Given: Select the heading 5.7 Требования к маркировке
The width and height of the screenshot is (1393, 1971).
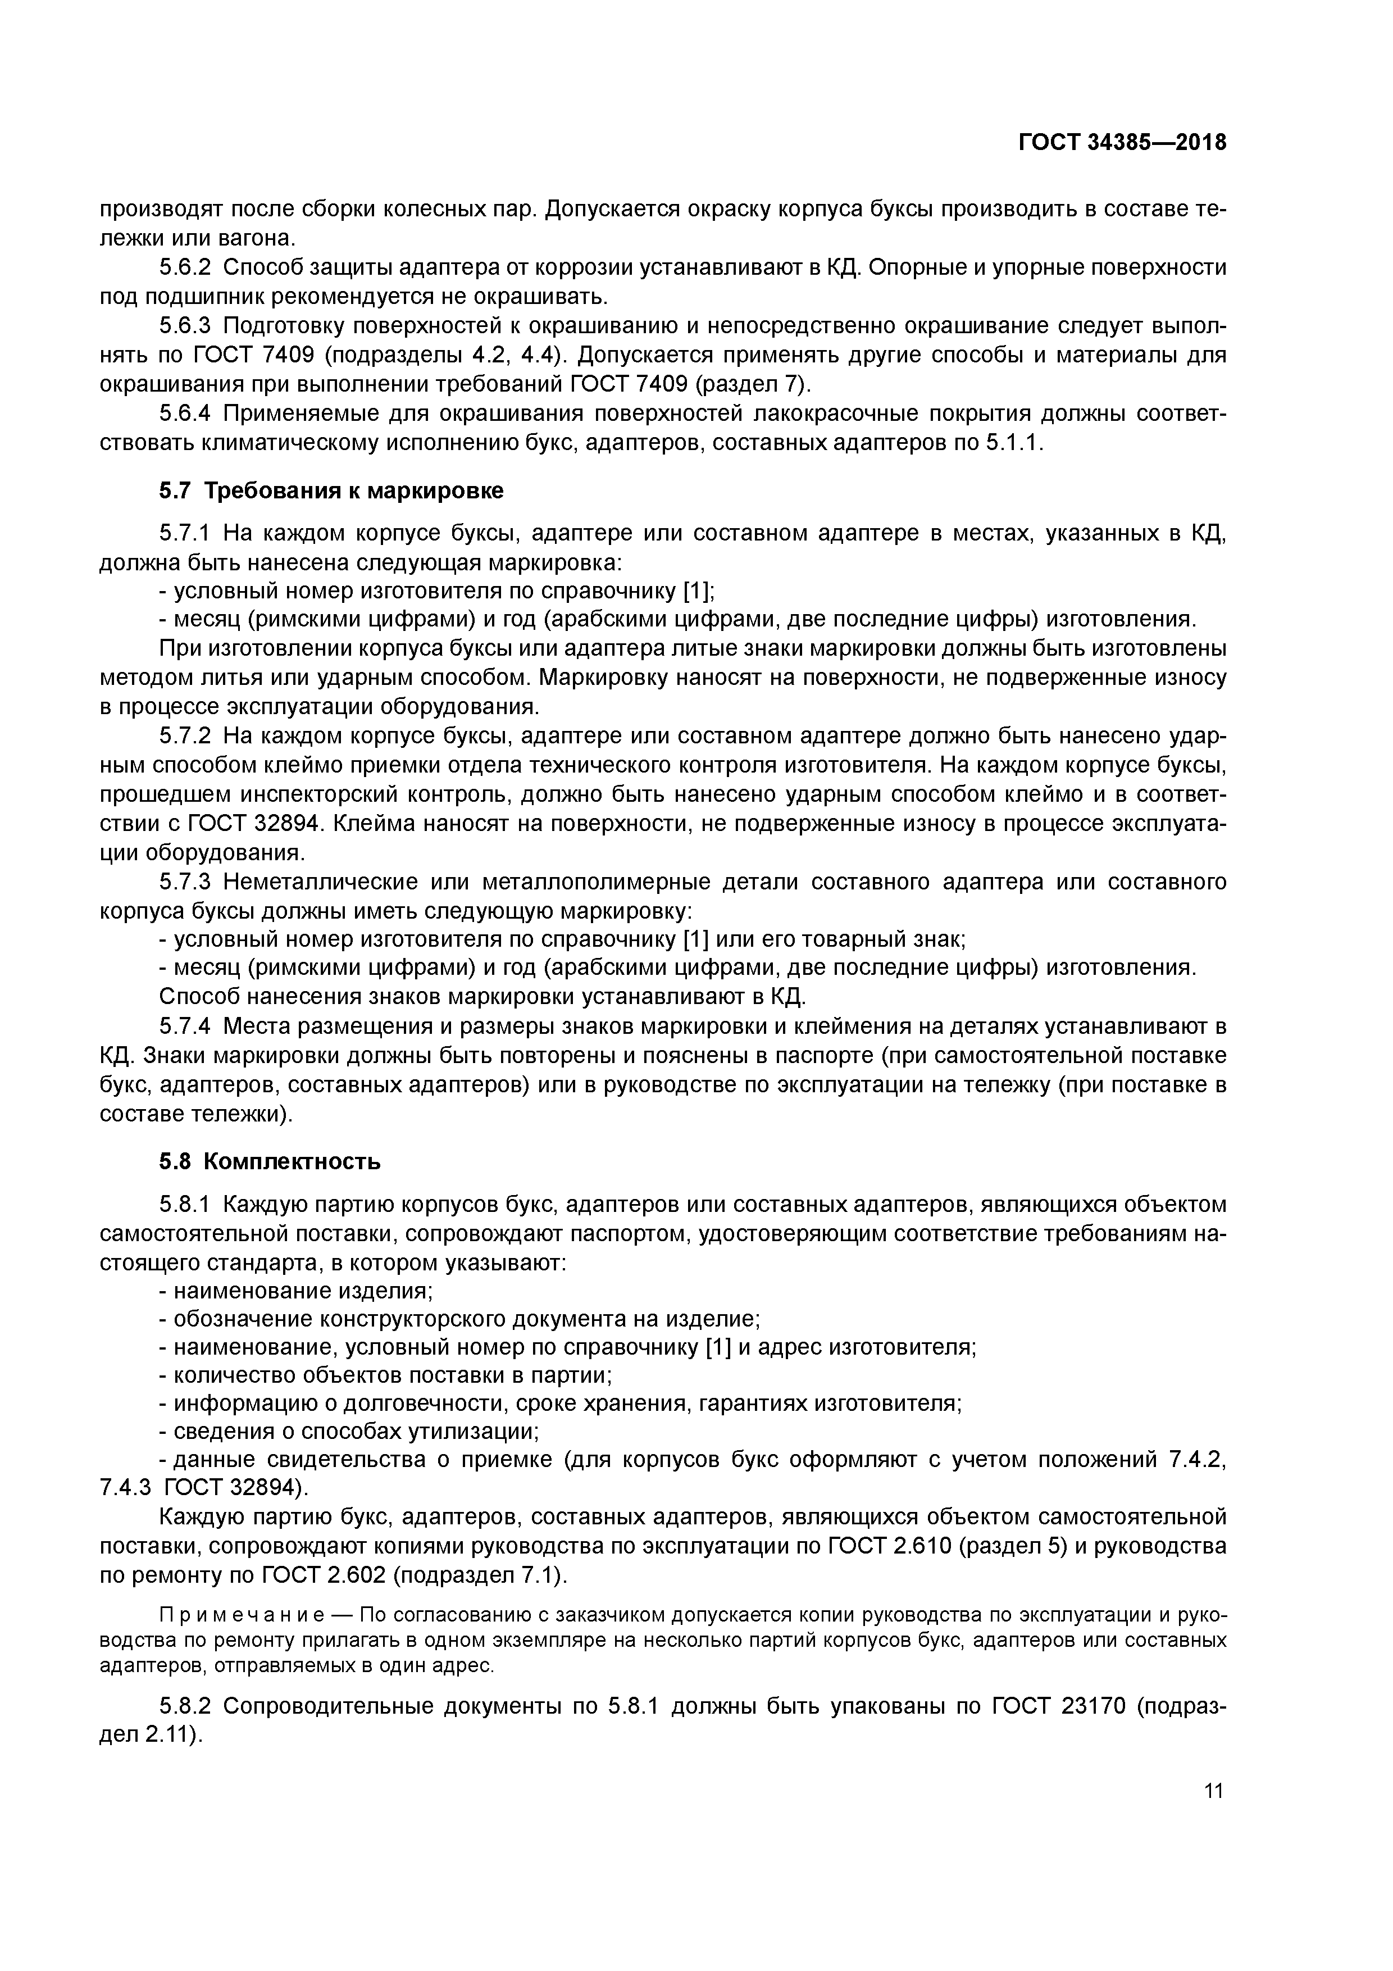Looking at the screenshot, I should pos(331,491).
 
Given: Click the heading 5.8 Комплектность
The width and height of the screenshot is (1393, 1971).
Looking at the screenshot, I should pos(270,1161).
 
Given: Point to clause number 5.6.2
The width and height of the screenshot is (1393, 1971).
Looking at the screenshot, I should pos(185,268).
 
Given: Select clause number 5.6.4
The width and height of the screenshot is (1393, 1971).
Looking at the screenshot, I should pos(185,414).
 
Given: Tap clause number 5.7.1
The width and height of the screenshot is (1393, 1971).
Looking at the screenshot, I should pos(185,534).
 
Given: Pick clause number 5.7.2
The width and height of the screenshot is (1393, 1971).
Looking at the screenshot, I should pos(185,737).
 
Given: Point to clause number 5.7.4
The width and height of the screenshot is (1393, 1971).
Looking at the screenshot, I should pos(185,1027).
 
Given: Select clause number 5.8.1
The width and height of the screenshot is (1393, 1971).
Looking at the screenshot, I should pos(185,1205).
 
